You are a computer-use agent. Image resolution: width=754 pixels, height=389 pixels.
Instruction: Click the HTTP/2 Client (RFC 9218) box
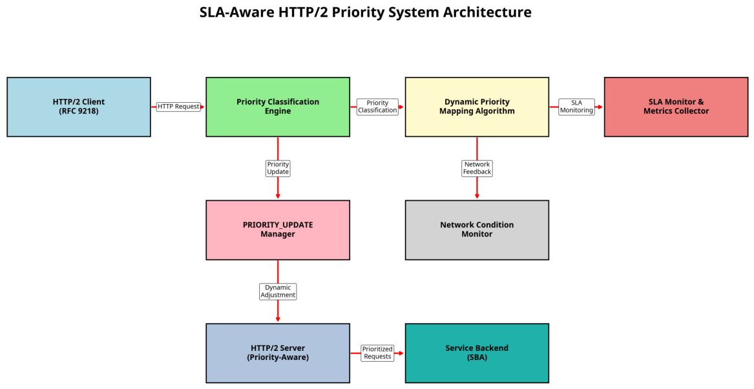(79, 107)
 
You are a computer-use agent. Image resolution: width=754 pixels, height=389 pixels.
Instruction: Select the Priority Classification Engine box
(278, 107)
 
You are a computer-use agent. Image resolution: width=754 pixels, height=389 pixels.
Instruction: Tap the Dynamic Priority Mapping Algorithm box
(477, 107)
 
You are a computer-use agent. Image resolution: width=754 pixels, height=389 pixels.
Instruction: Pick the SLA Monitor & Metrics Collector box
(676, 107)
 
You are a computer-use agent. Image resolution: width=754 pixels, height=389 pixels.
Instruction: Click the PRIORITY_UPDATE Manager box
(278, 230)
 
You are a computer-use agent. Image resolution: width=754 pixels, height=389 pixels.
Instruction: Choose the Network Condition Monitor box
(477, 230)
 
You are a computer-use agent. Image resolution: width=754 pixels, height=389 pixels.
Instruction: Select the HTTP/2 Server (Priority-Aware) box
(278, 353)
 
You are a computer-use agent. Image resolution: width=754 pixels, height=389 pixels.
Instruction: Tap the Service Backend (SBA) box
(477, 353)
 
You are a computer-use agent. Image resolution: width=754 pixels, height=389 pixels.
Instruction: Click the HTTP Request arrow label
(178, 107)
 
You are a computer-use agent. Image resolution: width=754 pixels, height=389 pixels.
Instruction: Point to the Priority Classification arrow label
(377, 107)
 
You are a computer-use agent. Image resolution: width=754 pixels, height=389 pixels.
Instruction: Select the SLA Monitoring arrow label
(576, 107)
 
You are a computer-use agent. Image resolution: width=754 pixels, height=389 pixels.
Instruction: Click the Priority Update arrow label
(278, 168)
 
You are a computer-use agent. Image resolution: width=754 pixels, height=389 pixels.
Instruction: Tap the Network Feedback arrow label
(477, 168)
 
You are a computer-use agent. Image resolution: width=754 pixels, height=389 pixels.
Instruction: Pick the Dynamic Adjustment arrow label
(278, 291)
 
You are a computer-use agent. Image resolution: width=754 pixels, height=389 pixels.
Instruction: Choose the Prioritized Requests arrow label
(377, 353)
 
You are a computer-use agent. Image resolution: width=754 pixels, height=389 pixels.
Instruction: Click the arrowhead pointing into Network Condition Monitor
(477, 196)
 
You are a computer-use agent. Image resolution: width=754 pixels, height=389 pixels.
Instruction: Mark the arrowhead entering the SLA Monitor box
(600, 107)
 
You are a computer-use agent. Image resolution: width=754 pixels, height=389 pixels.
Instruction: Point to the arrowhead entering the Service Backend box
(401, 353)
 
